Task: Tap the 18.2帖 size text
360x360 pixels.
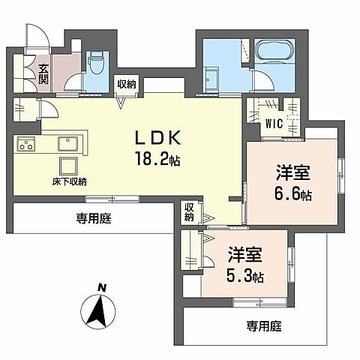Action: click(157, 160)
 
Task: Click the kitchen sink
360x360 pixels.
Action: click(67, 143)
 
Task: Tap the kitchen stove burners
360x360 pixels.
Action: click(27, 143)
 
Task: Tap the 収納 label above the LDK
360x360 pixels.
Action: click(125, 85)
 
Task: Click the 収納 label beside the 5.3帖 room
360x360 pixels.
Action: click(190, 211)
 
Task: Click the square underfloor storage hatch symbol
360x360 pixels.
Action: click(70, 165)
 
